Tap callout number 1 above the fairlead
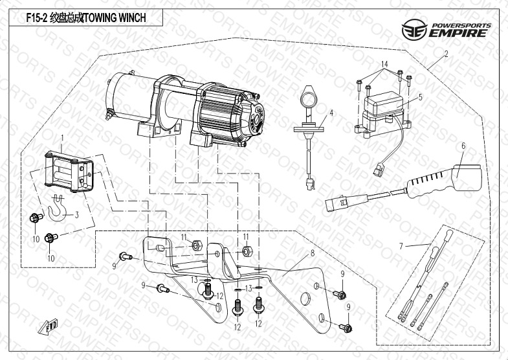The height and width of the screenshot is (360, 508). pos(62,138)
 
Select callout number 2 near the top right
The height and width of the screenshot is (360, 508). pos(446,56)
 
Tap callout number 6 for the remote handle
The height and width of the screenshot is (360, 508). pos(463,146)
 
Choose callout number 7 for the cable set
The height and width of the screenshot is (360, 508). pos(401,245)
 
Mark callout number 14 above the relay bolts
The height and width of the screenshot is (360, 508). pos(384,63)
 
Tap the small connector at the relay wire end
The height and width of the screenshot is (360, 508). pos(378,172)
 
